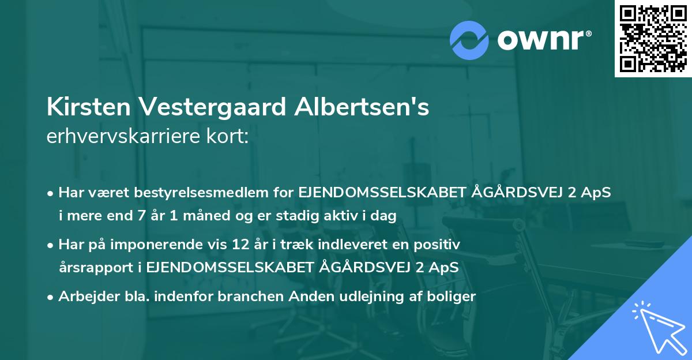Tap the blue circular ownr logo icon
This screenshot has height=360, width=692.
[x=469, y=40]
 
